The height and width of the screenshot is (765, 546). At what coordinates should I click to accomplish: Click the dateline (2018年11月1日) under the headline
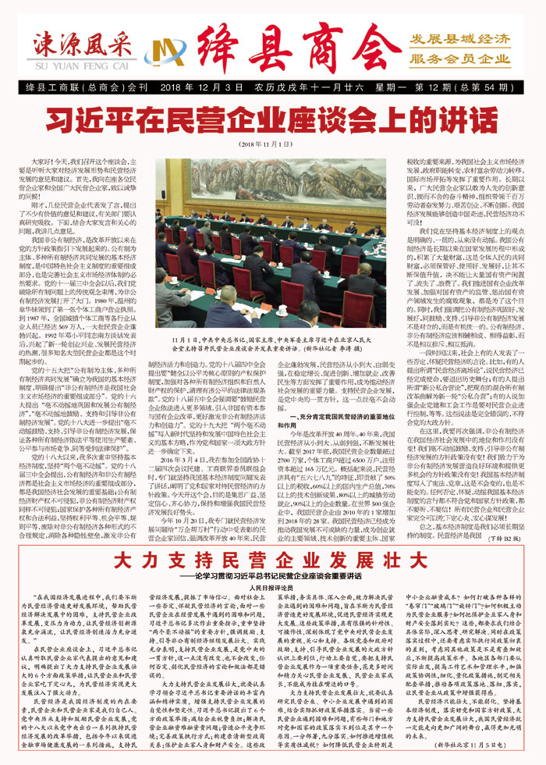click(269, 144)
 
